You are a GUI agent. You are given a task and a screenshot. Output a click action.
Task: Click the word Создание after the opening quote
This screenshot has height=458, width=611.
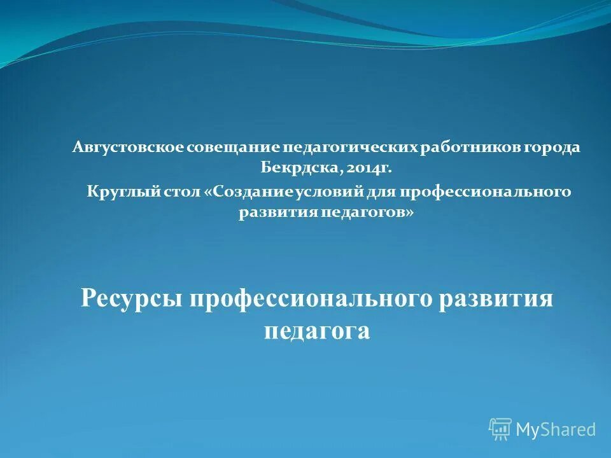pos(250,191)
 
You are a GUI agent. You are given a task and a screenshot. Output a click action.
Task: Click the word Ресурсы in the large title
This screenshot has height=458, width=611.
pos(131,299)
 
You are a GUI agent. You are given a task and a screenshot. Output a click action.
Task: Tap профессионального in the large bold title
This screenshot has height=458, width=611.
pos(311,299)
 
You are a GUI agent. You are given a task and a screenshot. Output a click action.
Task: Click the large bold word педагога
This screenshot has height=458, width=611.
pos(316,331)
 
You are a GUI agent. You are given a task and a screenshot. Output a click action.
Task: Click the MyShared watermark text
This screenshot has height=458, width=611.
pos(556,430)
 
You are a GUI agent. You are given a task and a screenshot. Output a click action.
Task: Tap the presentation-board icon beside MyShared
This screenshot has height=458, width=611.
pos(500,429)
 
